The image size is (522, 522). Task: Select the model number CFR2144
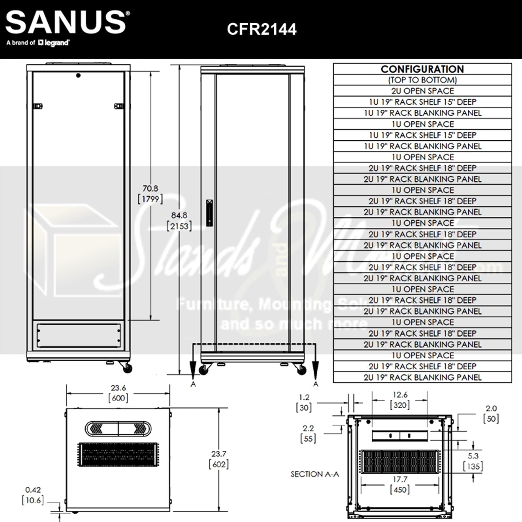pyautogui.click(x=262, y=29)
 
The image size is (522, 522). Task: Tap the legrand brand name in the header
pyautogui.click(x=55, y=43)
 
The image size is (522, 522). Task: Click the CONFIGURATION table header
pyautogui.click(x=422, y=69)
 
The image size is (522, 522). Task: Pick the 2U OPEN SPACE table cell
pyautogui.click(x=422, y=91)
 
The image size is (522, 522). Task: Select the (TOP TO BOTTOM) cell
pyautogui.click(x=422, y=80)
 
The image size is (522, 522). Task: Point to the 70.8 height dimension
pyautogui.click(x=150, y=188)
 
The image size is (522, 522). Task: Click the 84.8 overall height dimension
pyautogui.click(x=179, y=215)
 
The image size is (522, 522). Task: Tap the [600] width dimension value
pyautogui.click(x=118, y=398)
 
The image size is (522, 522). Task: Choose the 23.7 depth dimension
pyautogui.click(x=219, y=454)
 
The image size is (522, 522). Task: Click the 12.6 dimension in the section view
pyautogui.click(x=400, y=395)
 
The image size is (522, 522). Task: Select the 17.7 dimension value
pyautogui.click(x=400, y=479)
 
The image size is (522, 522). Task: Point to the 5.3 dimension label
pyautogui.click(x=473, y=456)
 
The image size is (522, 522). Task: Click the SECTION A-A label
pyautogui.click(x=315, y=474)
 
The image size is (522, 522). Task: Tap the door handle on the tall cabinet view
pyautogui.click(x=209, y=213)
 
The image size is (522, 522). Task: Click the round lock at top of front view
pyautogui.click(x=78, y=76)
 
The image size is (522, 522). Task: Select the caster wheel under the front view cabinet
pyautogui.click(x=127, y=368)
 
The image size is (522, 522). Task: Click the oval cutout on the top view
pyautogui.click(x=118, y=428)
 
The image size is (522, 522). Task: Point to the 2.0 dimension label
pyautogui.click(x=491, y=408)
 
